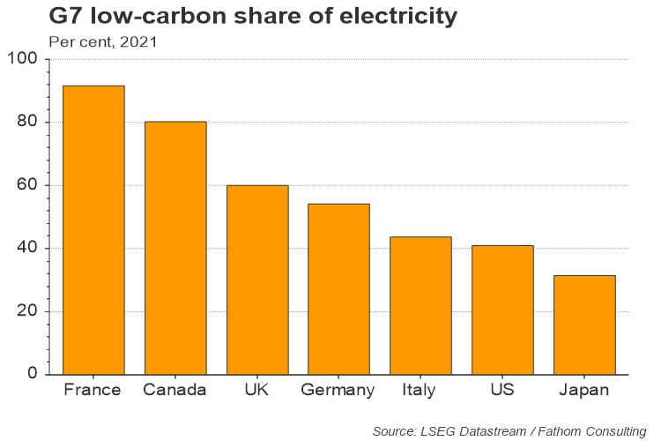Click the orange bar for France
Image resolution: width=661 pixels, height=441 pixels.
coord(93,229)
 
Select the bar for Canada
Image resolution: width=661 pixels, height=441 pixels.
coord(175,248)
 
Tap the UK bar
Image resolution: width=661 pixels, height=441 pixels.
coord(257,280)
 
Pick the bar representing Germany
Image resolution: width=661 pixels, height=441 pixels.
coord(338,288)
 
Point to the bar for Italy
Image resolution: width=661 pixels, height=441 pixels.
coord(420,305)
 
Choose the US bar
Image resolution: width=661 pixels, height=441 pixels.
coord(502,310)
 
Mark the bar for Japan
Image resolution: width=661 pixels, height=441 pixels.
coord(584,325)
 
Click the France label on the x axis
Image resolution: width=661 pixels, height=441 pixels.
coord(93,390)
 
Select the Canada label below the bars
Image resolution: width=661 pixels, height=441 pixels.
coord(175,390)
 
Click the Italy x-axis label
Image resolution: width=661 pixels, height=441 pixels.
coord(420,390)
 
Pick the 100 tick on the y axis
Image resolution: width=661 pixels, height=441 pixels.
coord(23,59)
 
